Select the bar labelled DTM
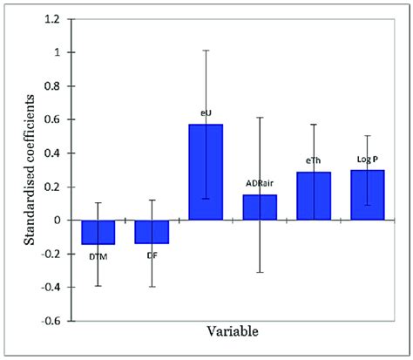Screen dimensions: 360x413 point(98,232)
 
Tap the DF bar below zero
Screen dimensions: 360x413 point(152,231)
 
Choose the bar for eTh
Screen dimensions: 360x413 point(314,196)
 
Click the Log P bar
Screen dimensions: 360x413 point(367,195)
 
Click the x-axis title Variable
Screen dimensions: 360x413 point(232,332)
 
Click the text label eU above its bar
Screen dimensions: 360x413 point(206,112)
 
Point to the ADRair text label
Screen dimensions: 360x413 point(260,184)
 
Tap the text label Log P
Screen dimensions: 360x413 point(367,159)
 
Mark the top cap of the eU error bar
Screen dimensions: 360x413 point(206,51)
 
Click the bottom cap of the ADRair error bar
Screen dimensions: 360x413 point(260,273)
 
